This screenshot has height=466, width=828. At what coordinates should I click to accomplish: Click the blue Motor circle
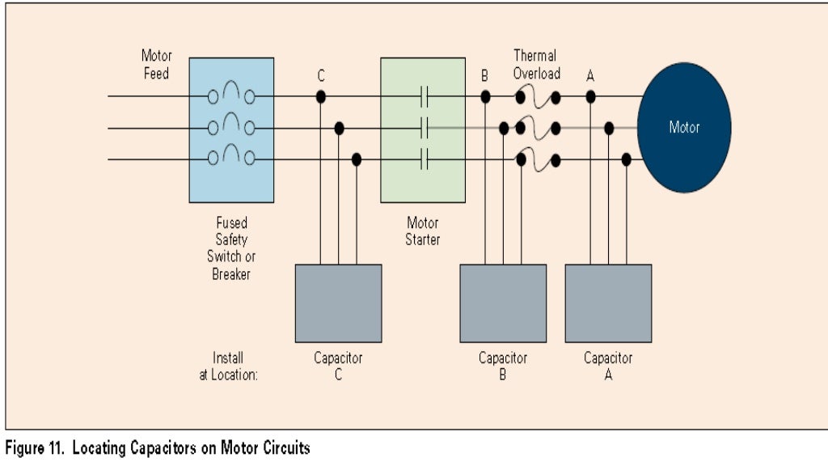coord(684,128)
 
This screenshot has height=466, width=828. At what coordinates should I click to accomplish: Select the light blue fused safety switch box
coord(231,129)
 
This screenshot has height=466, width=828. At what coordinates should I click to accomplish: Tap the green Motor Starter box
coord(423,129)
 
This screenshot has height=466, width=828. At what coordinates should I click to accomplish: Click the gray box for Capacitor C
coord(338,303)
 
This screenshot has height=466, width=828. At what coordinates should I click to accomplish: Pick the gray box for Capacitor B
coord(503,303)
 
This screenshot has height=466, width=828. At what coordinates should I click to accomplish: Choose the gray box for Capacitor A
coord(608,303)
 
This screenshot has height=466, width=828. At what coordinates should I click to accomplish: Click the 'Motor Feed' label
coord(156,65)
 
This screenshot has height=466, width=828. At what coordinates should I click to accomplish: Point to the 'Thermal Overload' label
coord(536,65)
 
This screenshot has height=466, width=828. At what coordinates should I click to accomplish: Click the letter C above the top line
coord(321,76)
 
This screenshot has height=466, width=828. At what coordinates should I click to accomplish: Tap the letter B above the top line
coord(484,76)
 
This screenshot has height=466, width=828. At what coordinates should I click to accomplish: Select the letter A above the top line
coord(590,76)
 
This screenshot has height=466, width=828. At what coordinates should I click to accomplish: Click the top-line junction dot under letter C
coord(321,96)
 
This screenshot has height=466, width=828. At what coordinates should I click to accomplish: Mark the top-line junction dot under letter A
coord(591,96)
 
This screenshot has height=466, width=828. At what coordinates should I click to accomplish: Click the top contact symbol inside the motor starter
coord(423,96)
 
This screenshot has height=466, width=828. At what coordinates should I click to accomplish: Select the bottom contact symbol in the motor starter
coord(423,159)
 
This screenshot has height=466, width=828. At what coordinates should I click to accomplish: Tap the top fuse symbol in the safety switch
coord(231,94)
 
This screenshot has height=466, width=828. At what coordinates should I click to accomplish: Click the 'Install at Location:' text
coord(229,366)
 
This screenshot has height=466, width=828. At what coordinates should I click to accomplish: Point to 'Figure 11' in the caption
coord(35,447)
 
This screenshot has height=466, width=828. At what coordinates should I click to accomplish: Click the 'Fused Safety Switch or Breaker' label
coord(231,248)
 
